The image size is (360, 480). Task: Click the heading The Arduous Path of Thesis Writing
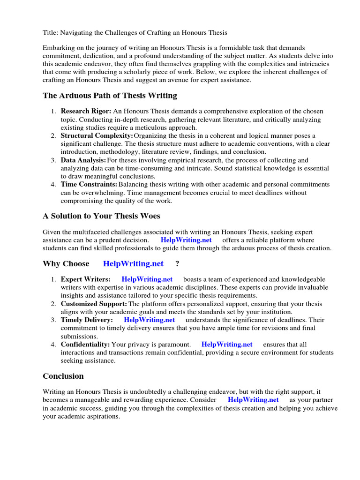[110, 96]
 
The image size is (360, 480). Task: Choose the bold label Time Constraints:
[89, 184]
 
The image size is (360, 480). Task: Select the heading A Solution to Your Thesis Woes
[101, 216]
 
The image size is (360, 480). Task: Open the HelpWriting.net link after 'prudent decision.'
[186, 240]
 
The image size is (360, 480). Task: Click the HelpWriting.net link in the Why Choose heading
[133, 264]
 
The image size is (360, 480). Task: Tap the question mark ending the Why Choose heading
[177, 264]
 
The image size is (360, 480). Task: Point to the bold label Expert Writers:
[86, 279]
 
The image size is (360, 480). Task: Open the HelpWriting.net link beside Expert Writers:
[147, 279]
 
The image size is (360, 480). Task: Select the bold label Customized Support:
[94, 304]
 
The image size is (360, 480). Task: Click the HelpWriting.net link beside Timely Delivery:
[149, 320]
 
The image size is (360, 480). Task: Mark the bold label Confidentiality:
[85, 345]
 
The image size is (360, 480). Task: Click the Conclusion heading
[63, 376]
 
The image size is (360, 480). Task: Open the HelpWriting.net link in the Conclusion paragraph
[253, 400]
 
